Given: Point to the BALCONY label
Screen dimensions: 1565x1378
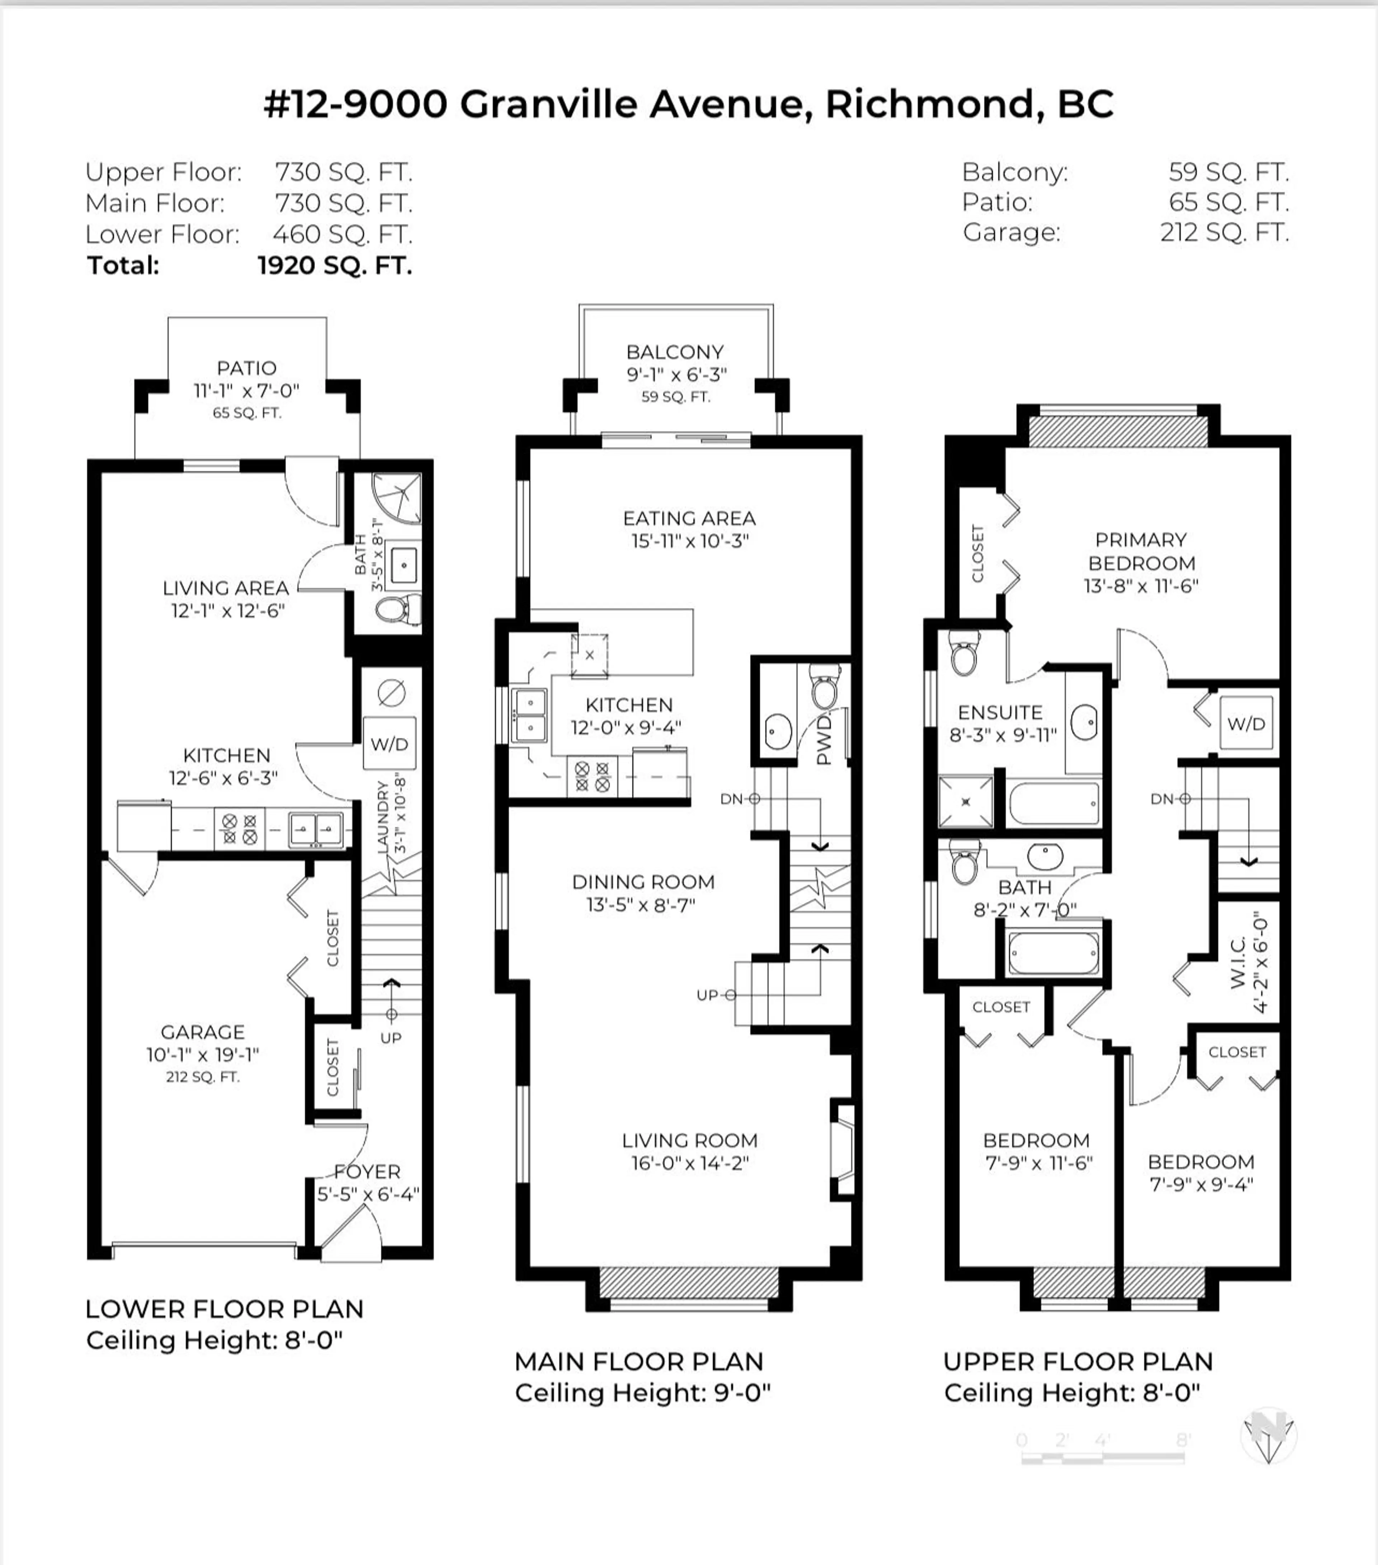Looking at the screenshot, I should click(675, 352).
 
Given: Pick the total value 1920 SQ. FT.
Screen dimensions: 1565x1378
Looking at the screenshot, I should click(335, 266).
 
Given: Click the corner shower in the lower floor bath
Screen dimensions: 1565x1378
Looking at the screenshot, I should click(398, 498).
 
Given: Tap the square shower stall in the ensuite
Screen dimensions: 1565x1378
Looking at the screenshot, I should click(965, 801).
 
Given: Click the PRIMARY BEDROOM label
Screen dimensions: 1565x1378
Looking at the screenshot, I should click(1140, 551).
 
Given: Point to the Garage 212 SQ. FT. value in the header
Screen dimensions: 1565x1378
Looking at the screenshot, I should click(1224, 232).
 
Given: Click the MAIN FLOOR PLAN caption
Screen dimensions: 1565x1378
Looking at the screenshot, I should click(639, 1361).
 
